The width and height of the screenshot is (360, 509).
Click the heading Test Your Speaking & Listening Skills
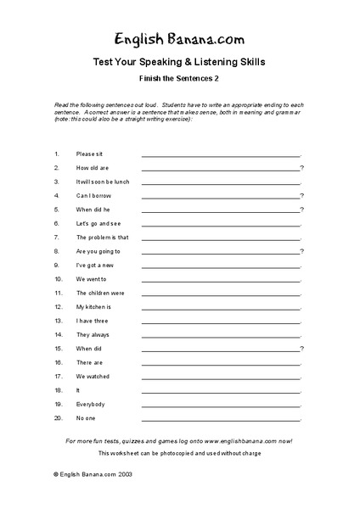coord(180,62)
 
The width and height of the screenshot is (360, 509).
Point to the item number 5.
coord(56,210)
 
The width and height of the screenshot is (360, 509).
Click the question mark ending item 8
coord(302,251)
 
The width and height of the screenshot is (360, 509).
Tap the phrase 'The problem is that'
coord(102,238)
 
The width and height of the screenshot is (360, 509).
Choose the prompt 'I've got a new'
coord(96,265)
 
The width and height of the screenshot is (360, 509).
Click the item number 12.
coord(58,306)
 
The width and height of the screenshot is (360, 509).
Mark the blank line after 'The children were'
coord(220,294)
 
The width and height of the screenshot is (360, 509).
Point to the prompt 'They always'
coord(93,334)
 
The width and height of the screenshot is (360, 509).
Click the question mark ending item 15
coord(302,348)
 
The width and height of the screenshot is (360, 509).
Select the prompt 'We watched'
coord(93,376)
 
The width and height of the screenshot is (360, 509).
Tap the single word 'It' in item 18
coord(78,390)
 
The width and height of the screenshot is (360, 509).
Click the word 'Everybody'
coord(92,404)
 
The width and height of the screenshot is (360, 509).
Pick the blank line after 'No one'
coord(220,419)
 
